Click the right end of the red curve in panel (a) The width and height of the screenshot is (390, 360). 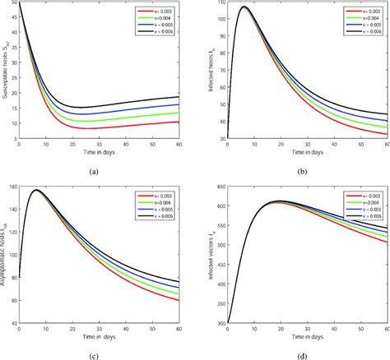tap(186, 121)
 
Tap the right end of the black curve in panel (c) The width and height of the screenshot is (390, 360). tap(186, 281)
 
